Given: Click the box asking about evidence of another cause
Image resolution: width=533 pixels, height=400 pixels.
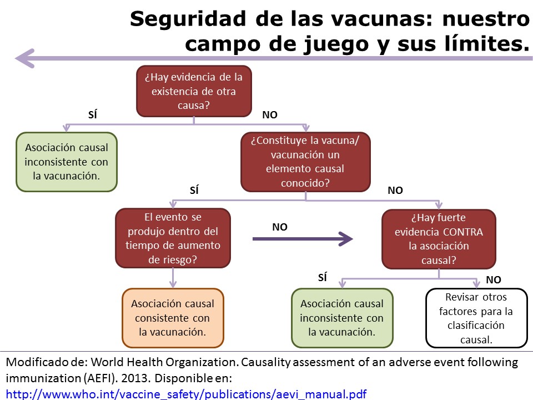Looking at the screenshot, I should coord(194,91).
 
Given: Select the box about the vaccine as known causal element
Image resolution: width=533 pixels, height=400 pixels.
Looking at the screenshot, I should coord(305,162).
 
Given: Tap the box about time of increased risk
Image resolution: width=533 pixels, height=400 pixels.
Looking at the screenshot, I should coord(173,238).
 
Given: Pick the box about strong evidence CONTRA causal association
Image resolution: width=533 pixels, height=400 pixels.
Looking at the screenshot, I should coord(439,238).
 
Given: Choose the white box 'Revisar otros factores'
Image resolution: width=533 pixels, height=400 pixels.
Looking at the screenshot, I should coord(476,318).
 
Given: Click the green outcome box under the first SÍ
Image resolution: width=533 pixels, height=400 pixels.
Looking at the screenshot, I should coord(67,162).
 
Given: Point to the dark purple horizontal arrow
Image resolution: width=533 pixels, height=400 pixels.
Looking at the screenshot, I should coord(303,239).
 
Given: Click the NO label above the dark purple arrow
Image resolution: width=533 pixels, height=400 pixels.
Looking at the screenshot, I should coord(280,227).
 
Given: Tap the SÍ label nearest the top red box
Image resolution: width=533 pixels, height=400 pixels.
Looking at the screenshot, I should coord(93,115).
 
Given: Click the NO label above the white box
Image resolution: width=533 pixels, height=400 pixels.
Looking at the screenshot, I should coord(493,280).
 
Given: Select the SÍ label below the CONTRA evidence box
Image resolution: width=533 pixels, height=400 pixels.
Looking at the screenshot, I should coord(323,278).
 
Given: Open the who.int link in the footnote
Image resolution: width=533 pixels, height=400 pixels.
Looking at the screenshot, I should coord(186,394).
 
